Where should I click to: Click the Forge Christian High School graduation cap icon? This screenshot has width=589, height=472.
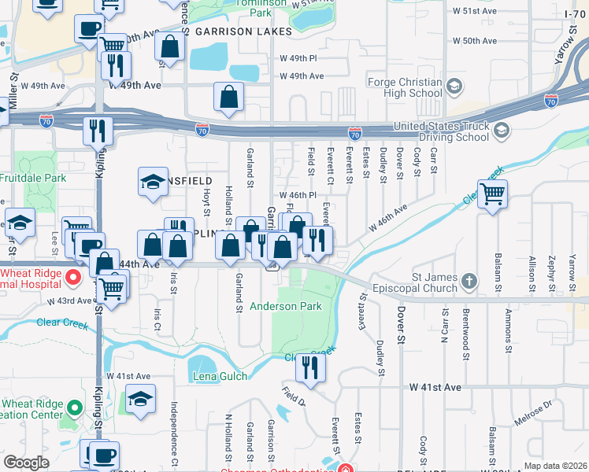point(454,86)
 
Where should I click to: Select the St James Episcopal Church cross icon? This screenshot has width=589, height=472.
point(469,281)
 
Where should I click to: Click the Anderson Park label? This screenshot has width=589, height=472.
point(286,306)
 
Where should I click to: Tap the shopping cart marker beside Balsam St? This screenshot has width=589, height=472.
point(492,194)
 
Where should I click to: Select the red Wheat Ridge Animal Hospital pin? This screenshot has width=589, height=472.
point(73,277)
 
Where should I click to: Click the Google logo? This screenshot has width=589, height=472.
point(26,463)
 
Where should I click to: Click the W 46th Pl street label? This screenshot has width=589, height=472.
point(298,194)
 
